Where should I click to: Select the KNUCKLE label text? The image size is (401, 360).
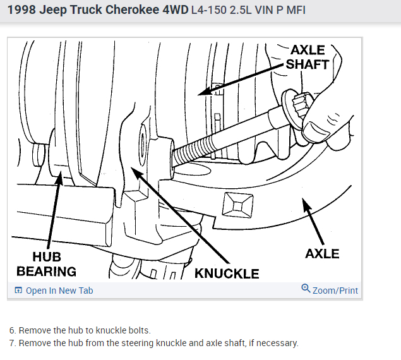[227, 273]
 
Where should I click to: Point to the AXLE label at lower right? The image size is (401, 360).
[322, 254]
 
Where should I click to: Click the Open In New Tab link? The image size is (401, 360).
[59, 291]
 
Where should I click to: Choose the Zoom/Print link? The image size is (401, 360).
[335, 291]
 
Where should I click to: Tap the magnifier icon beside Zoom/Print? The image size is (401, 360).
[306, 289]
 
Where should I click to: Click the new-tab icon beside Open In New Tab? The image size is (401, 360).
[18, 291]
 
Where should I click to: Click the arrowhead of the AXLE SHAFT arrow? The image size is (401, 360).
[201, 93]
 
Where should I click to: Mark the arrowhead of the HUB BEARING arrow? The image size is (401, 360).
[60, 179]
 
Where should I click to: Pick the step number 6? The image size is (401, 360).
[13, 330]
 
